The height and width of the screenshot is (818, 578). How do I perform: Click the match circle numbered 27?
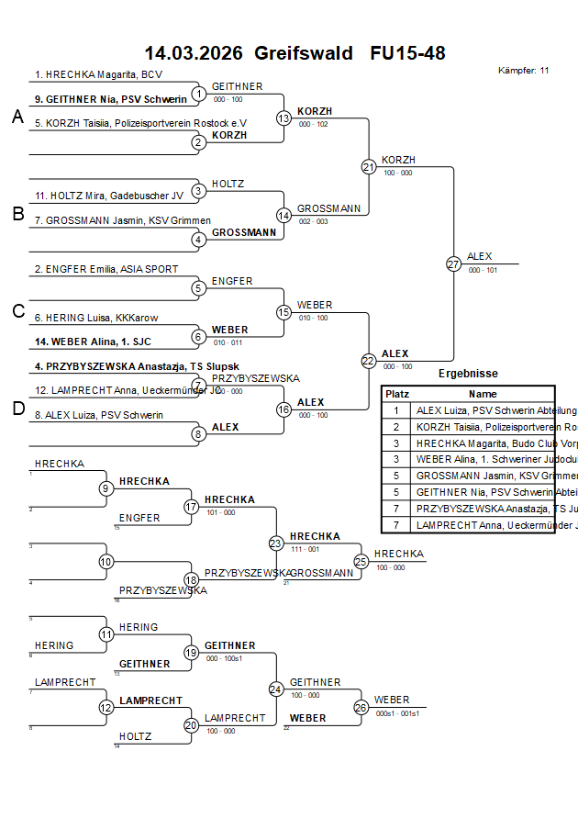453,263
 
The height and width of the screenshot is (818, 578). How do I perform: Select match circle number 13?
283,118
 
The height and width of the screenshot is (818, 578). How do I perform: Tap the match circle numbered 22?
368,361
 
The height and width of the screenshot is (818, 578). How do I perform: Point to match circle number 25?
361,561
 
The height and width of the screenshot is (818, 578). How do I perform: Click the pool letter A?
17,117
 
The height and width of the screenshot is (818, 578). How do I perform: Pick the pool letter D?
17,409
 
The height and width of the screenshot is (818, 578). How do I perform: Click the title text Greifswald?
304,53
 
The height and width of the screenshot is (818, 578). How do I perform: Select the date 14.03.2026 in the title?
194,53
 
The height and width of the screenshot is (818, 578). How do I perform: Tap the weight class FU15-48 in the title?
407,53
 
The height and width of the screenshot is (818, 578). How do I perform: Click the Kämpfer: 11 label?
524,70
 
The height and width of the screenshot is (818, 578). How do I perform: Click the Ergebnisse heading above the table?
468,374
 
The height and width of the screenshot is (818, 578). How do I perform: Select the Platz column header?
396,393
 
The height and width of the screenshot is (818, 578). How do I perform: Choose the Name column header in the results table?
483,393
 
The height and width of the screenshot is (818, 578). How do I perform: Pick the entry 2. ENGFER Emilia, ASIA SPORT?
106,269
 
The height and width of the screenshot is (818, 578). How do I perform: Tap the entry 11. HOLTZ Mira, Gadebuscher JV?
109,196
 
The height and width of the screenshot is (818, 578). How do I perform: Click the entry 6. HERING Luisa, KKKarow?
96,318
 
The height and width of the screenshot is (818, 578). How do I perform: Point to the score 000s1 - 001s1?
397,713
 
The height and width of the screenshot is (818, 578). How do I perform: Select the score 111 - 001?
305,548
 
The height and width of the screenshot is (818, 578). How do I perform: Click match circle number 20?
191,725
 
